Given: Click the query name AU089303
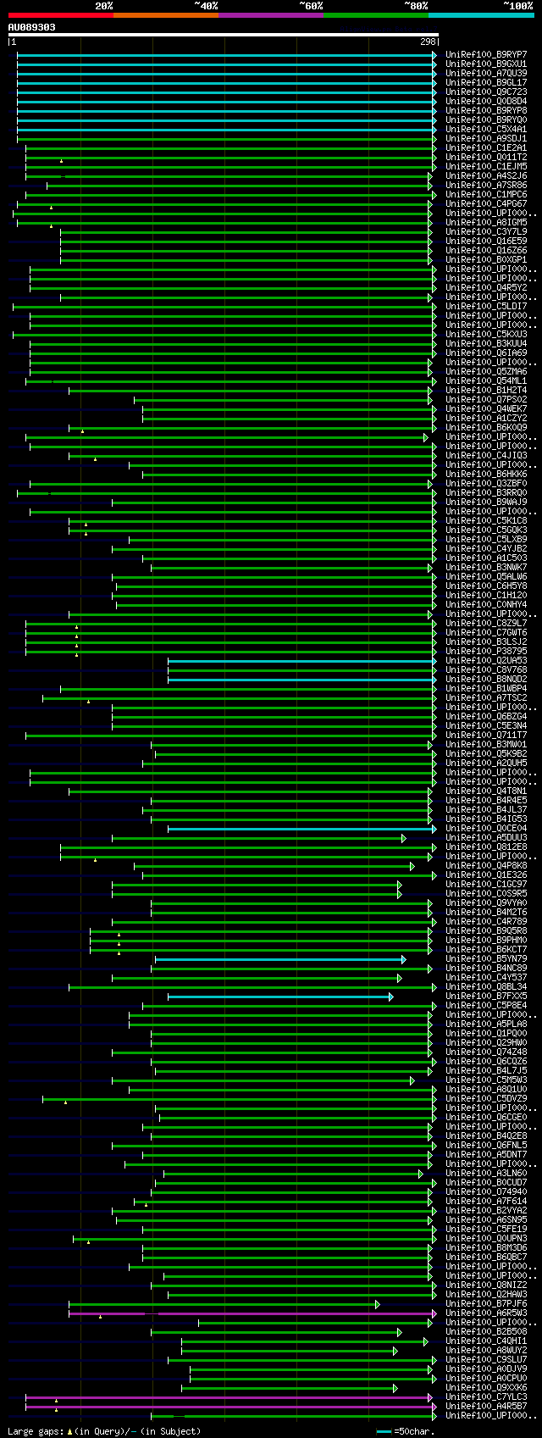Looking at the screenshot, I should tap(32, 27).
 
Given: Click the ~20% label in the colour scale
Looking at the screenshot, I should tap(103, 5).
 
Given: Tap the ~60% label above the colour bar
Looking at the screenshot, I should tap(311, 5).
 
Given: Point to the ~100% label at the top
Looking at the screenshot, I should tap(517, 5).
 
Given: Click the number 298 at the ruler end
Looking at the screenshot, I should tap(428, 42).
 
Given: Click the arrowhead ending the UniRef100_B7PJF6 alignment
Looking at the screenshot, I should tap(378, 1304).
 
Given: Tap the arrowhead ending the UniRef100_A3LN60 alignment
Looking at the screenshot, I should tap(420, 1174).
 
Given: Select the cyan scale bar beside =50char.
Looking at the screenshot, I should tap(384, 1431).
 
